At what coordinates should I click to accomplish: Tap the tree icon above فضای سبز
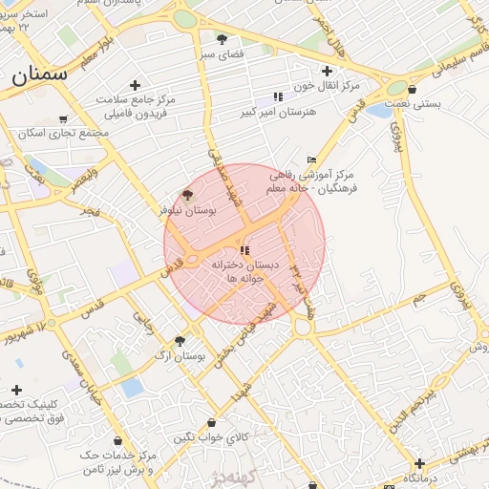tap(223, 39)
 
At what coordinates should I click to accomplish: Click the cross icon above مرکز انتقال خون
tap(327, 70)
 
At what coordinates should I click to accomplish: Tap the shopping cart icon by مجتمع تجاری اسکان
tap(63, 119)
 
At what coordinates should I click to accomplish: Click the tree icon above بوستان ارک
tap(180, 340)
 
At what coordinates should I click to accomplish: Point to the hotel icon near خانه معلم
tap(311, 159)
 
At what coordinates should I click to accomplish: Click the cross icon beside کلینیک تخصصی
tap(16, 390)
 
